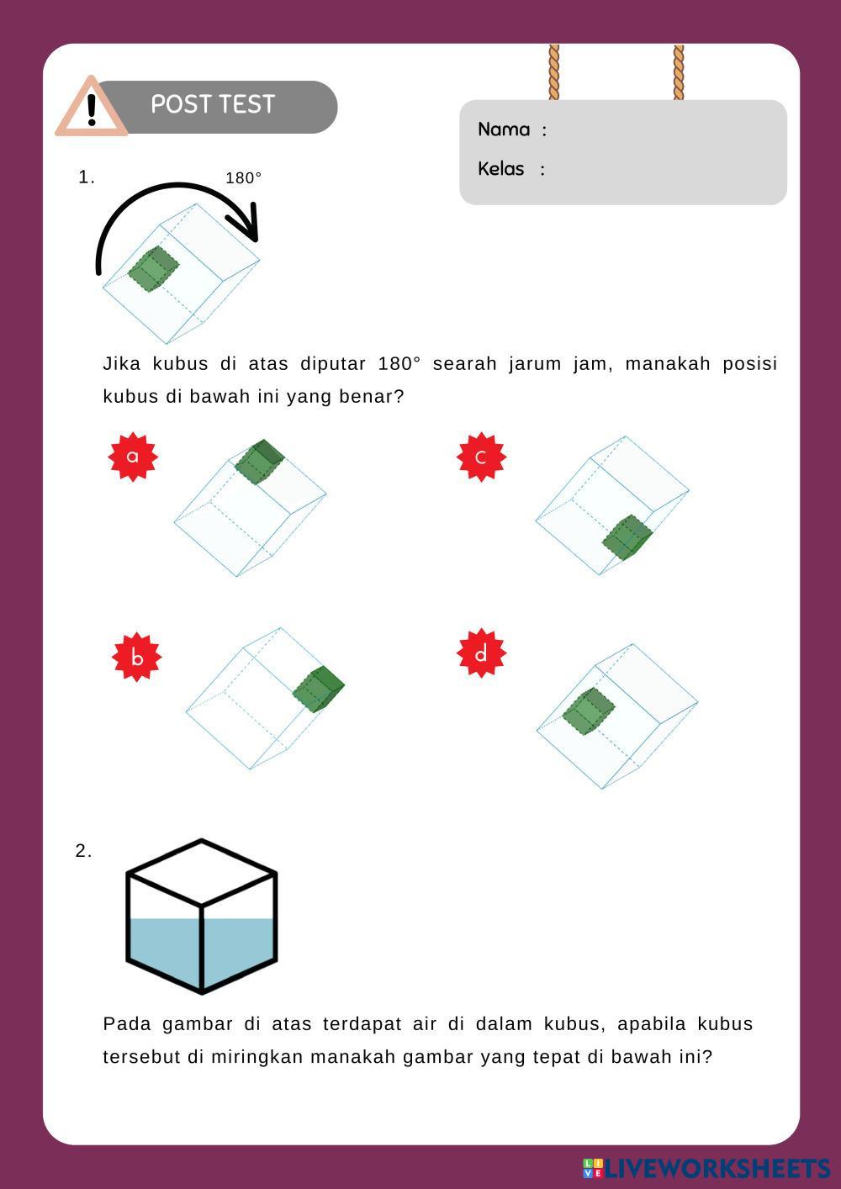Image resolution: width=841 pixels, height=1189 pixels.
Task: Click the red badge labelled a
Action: point(133,457)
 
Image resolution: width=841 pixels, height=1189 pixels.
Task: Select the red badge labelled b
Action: point(137,657)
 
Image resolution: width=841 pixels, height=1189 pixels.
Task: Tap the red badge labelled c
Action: point(482,457)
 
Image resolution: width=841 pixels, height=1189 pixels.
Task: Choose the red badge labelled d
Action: point(482,653)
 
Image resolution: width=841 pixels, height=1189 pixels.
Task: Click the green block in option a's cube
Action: point(259,462)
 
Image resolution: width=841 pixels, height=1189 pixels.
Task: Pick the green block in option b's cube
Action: point(318,689)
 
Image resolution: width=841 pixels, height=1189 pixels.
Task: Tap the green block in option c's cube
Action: point(627,537)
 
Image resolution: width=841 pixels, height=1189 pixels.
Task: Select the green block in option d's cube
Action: point(588,711)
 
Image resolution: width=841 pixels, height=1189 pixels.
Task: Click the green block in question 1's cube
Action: point(153,268)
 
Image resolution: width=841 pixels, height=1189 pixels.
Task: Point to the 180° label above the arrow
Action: point(244,177)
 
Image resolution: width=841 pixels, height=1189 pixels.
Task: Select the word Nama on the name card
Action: point(504,129)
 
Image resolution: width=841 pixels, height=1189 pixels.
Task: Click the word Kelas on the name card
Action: point(500,169)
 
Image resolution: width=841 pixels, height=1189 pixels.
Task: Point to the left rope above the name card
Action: point(553,72)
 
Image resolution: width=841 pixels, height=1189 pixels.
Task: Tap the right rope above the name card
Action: point(679,72)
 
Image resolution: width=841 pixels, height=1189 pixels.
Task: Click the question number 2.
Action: point(83,851)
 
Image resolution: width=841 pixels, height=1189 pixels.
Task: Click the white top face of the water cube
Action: point(202,872)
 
